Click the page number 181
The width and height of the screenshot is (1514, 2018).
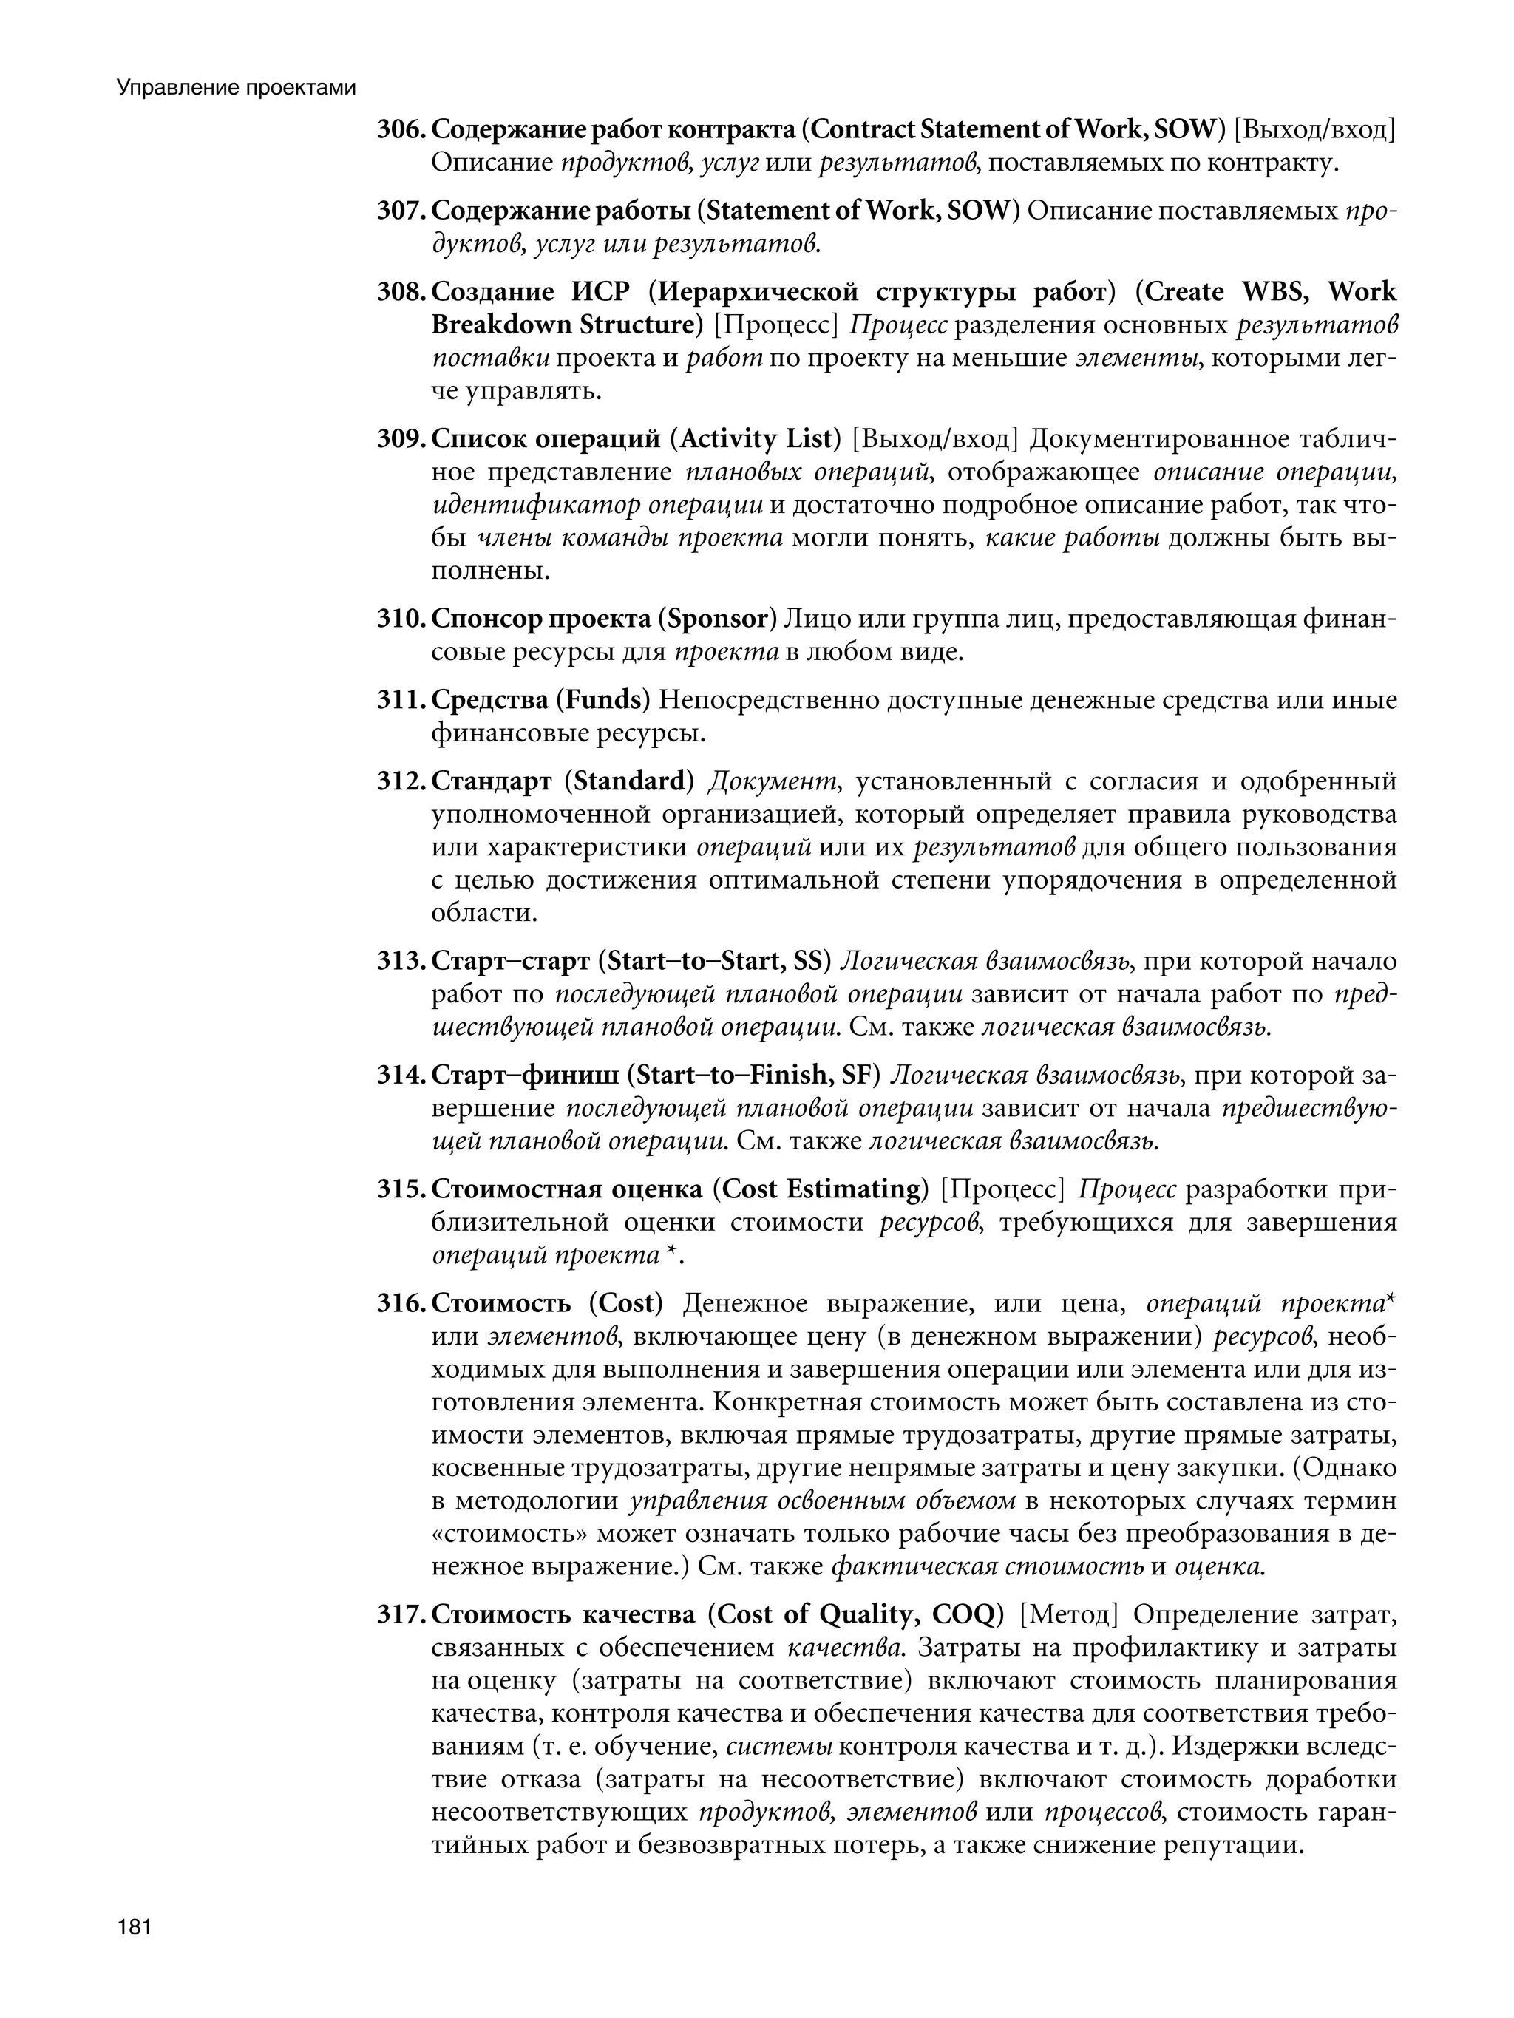[133, 1928]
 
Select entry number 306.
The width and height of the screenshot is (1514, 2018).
[400, 129]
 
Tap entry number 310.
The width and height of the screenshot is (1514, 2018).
[400, 619]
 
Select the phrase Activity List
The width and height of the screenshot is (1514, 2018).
[756, 440]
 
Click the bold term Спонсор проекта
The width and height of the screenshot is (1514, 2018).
[540, 619]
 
